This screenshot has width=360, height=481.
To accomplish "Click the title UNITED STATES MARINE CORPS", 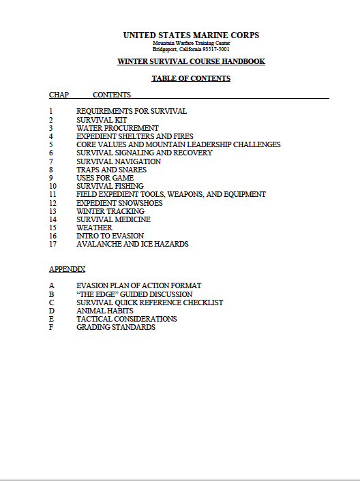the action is coord(191,35).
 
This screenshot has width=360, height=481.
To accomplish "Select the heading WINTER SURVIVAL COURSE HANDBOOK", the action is coord(191,62).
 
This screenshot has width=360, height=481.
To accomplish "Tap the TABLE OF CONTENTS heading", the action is coord(191,79).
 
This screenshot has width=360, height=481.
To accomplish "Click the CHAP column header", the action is coord(59,95).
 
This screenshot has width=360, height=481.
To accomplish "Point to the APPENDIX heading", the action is coord(67,269).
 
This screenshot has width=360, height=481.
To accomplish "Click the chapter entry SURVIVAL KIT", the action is coord(102,120).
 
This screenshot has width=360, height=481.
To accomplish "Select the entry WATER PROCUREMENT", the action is coord(117,128).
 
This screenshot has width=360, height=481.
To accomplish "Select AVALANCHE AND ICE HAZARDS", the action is coord(132,244).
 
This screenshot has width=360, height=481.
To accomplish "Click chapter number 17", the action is coord(52,244).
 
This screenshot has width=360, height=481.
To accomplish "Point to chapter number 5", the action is coord(50,144).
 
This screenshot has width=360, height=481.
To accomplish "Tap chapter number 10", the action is coord(52,186).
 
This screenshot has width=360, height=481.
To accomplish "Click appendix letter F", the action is coord(51,327).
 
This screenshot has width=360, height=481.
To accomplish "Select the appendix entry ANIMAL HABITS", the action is coord(105,311).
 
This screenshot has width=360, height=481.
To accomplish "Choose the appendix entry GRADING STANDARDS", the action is coord(116,327).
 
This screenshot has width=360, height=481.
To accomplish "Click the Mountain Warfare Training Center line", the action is coord(191,44).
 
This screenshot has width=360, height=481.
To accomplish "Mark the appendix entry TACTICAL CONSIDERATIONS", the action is coord(127,319).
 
